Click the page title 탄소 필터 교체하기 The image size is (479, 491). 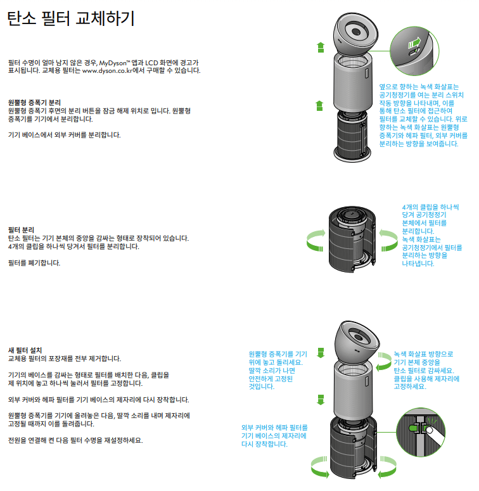[70, 19]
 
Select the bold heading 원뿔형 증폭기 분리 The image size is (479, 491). [34, 102]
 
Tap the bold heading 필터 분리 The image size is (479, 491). [21, 229]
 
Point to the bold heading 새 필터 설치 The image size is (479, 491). [25, 350]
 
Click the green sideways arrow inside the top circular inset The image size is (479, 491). [415, 42]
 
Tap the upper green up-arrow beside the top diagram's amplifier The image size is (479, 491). [321, 46]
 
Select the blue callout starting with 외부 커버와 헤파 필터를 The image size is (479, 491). [274, 436]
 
